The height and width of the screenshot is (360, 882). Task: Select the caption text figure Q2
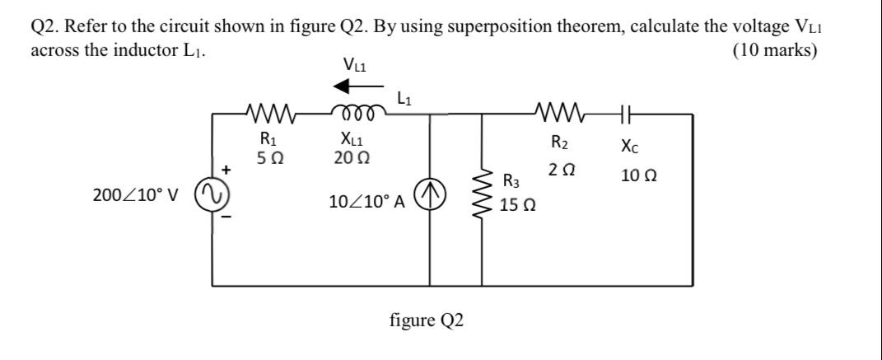click(427, 320)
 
